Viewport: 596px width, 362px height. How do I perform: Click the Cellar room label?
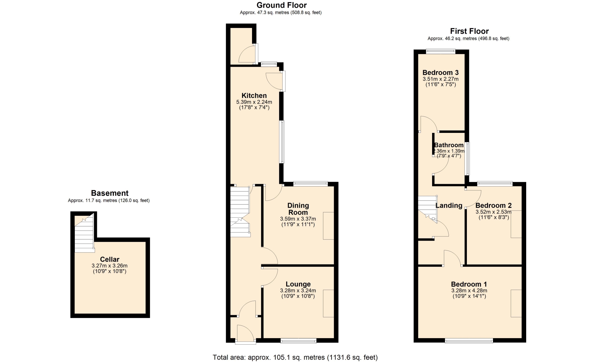(110, 259)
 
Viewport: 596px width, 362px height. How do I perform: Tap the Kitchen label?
(254, 96)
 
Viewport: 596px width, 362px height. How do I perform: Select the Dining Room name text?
(298, 209)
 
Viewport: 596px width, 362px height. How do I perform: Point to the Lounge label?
(298, 284)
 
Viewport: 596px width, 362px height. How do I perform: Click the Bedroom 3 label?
(440, 73)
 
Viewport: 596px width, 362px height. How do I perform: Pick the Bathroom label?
(449, 145)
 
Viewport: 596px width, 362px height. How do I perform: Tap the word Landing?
(449, 206)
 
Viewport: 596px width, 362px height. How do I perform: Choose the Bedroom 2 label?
(494, 206)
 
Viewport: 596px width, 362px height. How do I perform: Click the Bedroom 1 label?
(469, 284)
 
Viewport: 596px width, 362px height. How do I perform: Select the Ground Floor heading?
(282, 5)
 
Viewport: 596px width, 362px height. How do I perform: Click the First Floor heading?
(469, 31)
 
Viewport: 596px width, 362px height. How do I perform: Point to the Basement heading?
(110, 193)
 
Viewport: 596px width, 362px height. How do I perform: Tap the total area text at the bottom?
(295, 357)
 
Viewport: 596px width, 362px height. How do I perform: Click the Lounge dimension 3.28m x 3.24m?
(298, 291)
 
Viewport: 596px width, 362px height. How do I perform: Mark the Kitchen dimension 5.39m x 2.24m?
(254, 102)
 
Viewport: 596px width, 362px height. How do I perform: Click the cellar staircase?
(84, 233)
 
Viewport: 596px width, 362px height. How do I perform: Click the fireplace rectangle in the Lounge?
(328, 304)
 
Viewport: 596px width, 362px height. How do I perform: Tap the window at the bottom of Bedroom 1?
(469, 341)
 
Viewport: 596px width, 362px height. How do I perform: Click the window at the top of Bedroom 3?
(440, 52)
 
